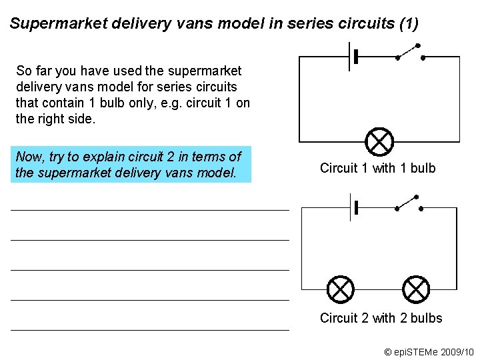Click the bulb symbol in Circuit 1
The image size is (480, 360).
tap(380, 141)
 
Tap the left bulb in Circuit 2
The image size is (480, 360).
tap(341, 289)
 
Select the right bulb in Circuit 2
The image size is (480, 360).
tap(417, 289)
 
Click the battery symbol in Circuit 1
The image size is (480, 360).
tap(353, 57)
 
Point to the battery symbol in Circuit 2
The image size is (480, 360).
tap(353, 207)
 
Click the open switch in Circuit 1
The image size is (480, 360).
tap(409, 53)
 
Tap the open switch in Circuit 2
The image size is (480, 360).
tap(409, 204)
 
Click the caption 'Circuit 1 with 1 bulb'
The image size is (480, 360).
tap(377, 168)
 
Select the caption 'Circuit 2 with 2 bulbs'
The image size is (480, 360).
tap(381, 318)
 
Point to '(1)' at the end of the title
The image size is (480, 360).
tap(407, 25)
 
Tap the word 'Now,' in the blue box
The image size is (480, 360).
tap(29, 157)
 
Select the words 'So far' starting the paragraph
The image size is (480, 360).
tap(33, 71)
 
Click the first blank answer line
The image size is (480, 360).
tap(150, 210)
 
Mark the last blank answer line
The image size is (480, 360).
tap(150, 330)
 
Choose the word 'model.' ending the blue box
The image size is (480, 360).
tap(217, 173)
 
